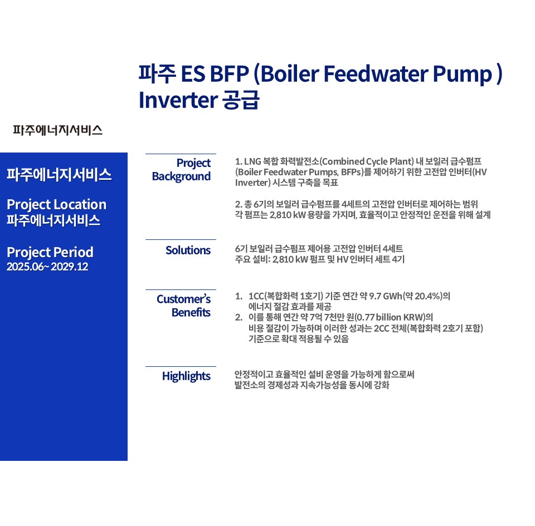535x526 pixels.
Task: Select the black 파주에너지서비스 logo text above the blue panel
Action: pos(57,130)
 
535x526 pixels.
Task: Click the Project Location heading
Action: pos(57,205)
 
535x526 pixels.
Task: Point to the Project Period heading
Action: pos(50,253)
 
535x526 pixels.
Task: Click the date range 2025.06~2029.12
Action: pos(47,267)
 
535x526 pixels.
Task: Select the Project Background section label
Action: pos(181,170)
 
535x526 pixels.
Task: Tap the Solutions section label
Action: pos(188,250)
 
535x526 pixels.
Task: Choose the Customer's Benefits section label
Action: pos(183,306)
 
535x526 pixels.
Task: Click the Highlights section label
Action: pos(186,376)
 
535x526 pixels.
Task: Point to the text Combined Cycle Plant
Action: pos(367,161)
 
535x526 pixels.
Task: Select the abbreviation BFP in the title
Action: pos(229,73)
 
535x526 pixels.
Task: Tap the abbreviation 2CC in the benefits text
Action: pos(381,328)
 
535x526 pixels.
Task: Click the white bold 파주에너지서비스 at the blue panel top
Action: pos(60,175)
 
